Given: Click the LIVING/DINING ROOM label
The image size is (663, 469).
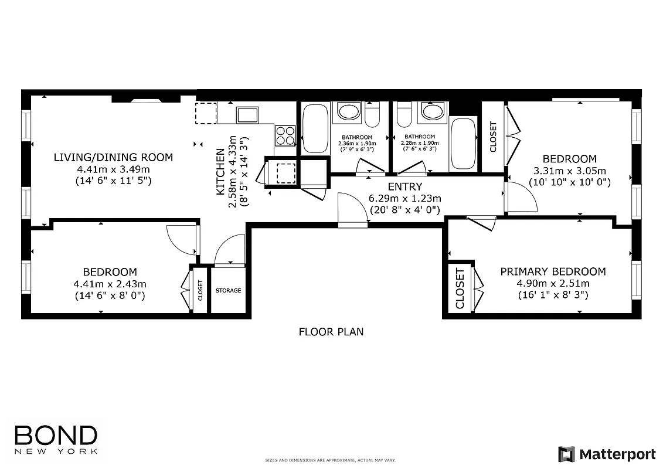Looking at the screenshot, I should click(113, 157).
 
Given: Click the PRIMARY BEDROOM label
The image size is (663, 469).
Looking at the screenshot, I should click(553, 271).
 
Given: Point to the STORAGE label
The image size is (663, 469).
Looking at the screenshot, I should click(228, 290).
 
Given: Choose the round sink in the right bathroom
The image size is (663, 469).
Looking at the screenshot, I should click(433, 112).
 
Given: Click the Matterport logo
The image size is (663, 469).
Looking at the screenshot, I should click(607, 454).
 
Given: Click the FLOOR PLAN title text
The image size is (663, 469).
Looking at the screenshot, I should click(331, 332).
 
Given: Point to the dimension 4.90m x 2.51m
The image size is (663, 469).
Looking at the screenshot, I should click(553, 283).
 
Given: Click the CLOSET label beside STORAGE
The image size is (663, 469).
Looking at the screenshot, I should click(200, 290).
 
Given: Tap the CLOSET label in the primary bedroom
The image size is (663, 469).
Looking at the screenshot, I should click(460, 289).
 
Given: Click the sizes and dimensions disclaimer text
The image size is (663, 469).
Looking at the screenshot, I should click(331, 461).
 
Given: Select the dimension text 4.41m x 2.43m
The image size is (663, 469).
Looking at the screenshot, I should click(110, 284).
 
